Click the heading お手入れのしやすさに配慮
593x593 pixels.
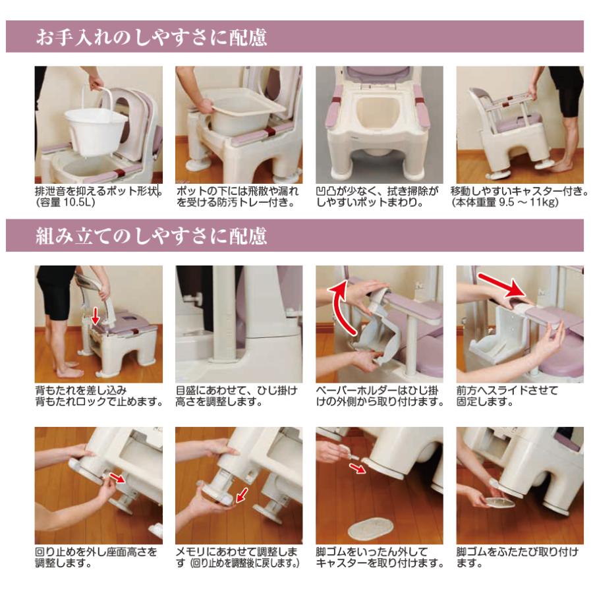[x=152, y=37]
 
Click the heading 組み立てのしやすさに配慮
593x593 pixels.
[x=152, y=236]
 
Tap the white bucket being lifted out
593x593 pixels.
[x=96, y=130]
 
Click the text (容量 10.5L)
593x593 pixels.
[x=65, y=202]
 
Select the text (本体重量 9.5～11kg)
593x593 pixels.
[x=505, y=202]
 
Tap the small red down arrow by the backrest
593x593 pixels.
[x=96, y=316]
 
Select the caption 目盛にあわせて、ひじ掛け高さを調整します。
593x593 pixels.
[x=237, y=396]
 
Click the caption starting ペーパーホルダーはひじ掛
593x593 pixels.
[x=380, y=396]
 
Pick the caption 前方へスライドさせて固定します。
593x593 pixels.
[x=507, y=396]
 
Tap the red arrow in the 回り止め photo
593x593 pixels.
[x=117, y=477]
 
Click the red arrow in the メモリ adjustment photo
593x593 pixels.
[x=242, y=495]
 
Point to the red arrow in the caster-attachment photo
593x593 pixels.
[x=357, y=468]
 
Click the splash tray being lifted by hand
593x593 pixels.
[x=248, y=104]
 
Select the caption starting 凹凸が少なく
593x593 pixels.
[x=377, y=196]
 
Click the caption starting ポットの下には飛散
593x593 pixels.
[x=237, y=196]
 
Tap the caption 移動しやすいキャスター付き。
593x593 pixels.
[x=519, y=191]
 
